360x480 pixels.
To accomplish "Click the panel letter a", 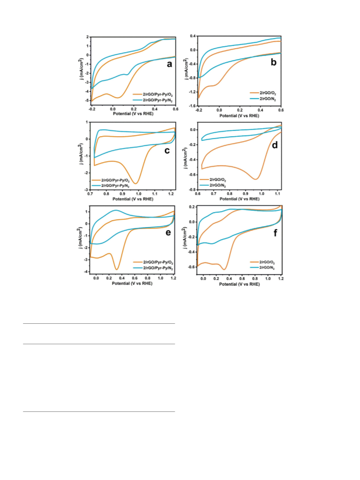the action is pos(169,64).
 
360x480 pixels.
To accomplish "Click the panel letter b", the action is pos(273,62).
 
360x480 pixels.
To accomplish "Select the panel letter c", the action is pos(167,151).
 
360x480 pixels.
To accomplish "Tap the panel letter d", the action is pos(275,145).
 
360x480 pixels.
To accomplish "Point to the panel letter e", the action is pos(168,233).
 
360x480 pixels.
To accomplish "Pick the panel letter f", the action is pos(275,233).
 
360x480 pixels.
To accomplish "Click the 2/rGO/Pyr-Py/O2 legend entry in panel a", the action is pos(153,95).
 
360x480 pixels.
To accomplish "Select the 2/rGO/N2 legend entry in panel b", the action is pos(263,99).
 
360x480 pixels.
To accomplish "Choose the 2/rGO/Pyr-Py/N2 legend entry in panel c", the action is pos(111,186).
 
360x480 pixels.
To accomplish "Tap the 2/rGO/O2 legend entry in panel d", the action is pos(213,180).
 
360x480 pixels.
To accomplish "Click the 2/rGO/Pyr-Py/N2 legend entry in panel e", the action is pos(153,268).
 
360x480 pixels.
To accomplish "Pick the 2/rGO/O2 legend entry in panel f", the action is pos(263,262).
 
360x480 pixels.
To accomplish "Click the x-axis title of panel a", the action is pos(133,114).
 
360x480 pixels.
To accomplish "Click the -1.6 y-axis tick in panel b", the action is pos(192,106).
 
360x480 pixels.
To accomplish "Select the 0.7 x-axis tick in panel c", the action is pos(90,194).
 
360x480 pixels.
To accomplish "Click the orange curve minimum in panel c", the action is pos(136,183).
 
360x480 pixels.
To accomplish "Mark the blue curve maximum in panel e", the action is pos(115,210).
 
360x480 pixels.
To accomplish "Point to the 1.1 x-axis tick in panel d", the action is pos(277,193).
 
